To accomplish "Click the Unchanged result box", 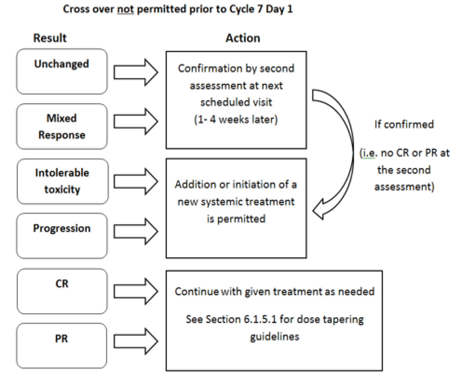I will pyautogui.click(x=62, y=71).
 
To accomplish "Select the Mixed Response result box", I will pyautogui.click(x=62, y=127).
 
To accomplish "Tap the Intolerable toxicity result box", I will pyautogui.click(x=62, y=181).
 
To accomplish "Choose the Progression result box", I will pyautogui.click(x=62, y=236).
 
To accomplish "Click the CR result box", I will pyautogui.click(x=62, y=291).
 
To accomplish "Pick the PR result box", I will pyautogui.click(x=61, y=346).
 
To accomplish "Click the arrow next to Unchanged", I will pyautogui.click(x=136, y=72).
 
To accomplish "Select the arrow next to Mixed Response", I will pyautogui.click(x=136, y=121).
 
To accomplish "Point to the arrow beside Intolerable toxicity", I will pyautogui.click(x=136, y=181).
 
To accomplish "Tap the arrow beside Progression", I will pyautogui.click(x=136, y=231).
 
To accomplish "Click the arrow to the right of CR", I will pyautogui.click(x=136, y=291).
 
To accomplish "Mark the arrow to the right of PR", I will pyautogui.click(x=136, y=341).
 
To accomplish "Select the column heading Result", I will pyautogui.click(x=50, y=38).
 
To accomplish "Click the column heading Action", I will pyautogui.click(x=243, y=38).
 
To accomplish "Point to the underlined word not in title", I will pyautogui.click(x=125, y=9).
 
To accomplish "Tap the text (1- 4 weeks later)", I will pyautogui.click(x=236, y=119).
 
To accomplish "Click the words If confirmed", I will pyautogui.click(x=404, y=124).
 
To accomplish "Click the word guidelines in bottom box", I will pyautogui.click(x=274, y=337).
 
